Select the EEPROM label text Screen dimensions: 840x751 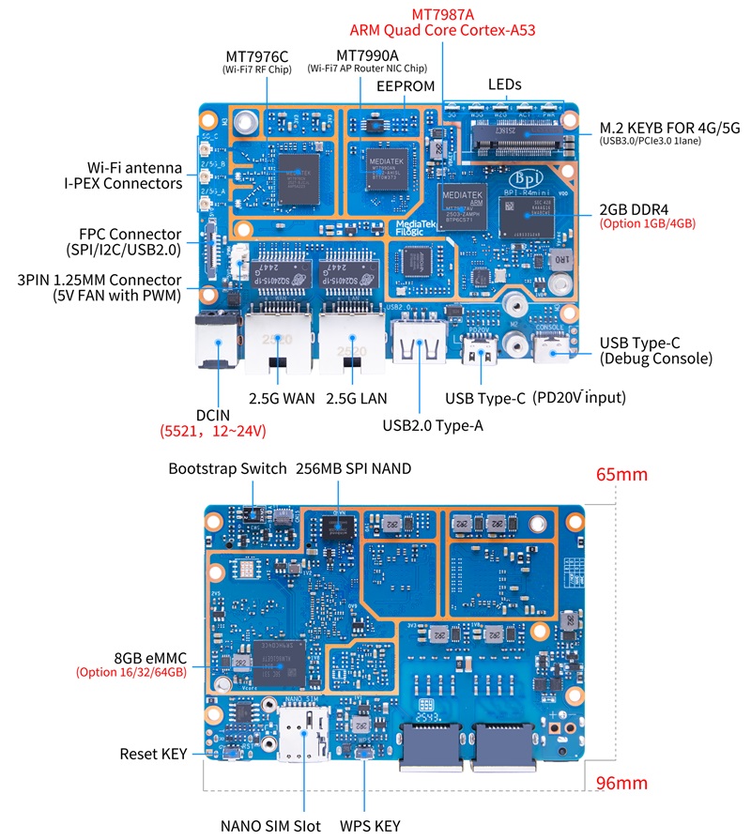coord(406,85)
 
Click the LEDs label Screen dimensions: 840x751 coord(505,84)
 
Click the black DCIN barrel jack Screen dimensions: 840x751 coord(216,344)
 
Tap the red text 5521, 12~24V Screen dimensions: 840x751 coord(213,431)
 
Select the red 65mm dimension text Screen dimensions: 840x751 coord(621,474)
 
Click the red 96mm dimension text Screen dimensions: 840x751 coord(621,782)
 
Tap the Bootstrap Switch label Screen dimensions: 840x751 coord(227,467)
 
